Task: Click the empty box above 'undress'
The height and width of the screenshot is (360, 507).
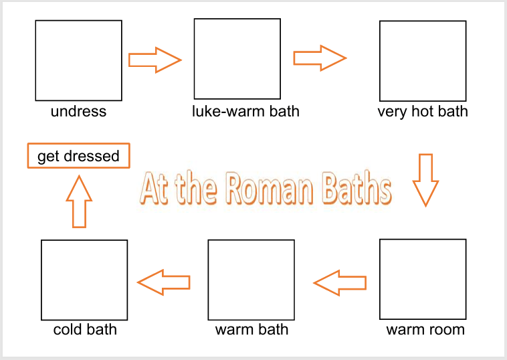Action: [78, 60]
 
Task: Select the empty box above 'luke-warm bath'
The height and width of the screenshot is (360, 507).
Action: [237, 58]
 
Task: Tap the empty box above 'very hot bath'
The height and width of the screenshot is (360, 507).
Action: [423, 61]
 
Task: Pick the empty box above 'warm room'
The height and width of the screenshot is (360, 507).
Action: [423, 279]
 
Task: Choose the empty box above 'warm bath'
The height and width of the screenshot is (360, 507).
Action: [251, 279]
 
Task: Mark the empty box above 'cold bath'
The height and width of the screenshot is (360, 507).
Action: [84, 280]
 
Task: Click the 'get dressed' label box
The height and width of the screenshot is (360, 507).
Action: [78, 157]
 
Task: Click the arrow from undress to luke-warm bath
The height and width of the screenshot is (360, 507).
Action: [155, 60]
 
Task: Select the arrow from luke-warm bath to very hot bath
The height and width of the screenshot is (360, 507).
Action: [320, 58]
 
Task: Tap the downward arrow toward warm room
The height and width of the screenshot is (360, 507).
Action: [425, 179]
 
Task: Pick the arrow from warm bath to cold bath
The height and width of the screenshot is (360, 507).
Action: [164, 282]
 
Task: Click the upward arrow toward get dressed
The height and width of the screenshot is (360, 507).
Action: [79, 201]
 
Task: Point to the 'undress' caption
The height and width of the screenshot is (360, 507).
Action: [78, 111]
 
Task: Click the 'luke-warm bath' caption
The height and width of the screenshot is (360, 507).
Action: [245, 111]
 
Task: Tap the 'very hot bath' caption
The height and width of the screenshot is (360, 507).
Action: [423, 111]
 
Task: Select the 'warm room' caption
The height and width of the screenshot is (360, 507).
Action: [425, 330]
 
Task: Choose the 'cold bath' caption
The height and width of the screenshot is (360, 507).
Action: [85, 330]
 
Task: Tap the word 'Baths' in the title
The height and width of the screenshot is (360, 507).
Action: [357, 189]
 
